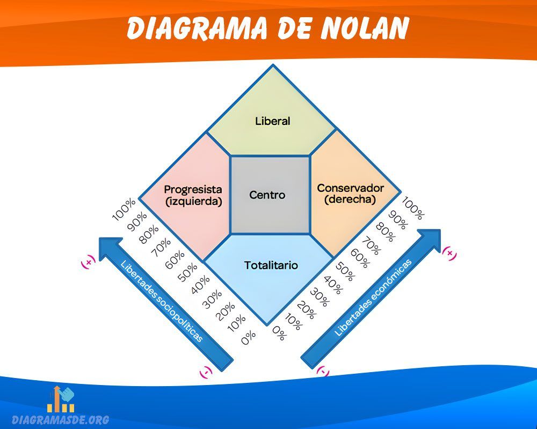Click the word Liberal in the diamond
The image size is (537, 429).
click(272, 121)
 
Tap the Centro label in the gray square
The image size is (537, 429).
click(267, 195)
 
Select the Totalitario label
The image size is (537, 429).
click(271, 265)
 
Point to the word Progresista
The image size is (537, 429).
click(193, 189)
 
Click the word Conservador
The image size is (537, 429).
click(350, 188)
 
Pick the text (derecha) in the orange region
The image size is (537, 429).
click(350, 199)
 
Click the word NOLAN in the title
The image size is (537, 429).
click(365, 29)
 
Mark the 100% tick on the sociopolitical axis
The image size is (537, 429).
click(125, 210)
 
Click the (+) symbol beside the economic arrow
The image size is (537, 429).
click(449, 254)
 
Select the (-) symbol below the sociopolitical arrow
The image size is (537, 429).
click(206, 371)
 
